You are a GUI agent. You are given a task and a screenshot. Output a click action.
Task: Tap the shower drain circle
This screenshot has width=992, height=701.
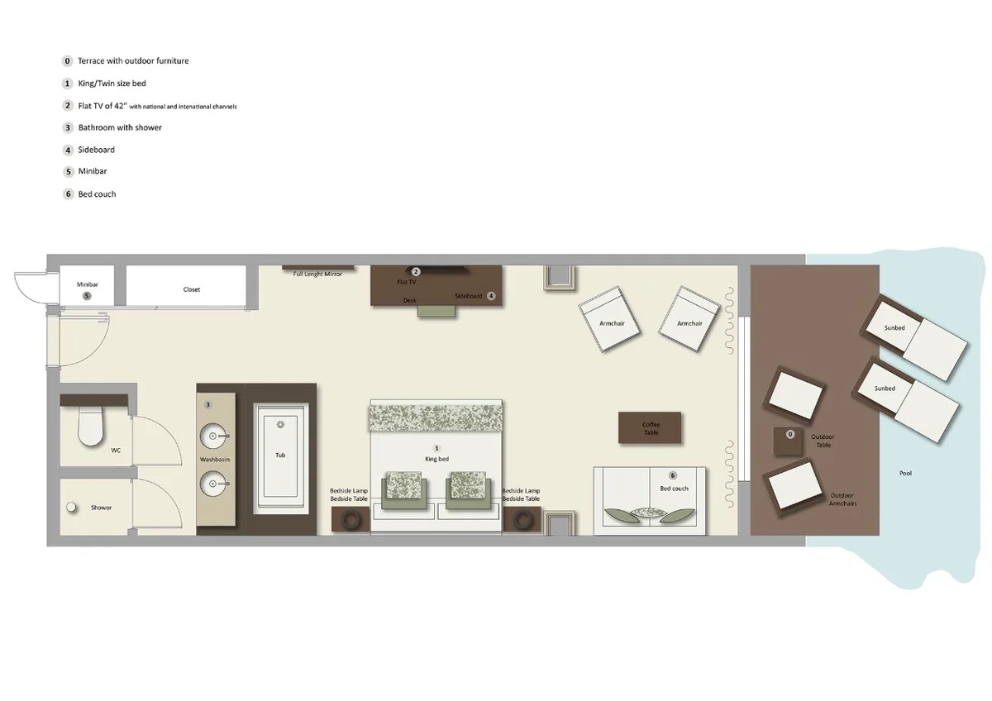click(72, 507)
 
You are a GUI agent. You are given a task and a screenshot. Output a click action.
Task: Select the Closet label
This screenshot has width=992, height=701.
click(192, 290)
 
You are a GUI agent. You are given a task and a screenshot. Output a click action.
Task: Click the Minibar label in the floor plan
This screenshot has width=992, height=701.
click(88, 284)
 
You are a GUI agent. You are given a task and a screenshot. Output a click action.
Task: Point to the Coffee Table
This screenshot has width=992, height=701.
click(651, 427)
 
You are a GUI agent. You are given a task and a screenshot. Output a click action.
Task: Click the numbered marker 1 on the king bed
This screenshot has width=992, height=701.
click(437, 447)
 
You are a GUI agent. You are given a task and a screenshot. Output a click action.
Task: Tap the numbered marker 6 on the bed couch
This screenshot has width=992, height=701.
click(673, 476)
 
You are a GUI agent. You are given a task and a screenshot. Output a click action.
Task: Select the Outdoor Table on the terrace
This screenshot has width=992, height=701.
click(789, 441)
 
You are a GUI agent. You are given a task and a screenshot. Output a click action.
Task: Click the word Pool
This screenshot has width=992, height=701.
click(905, 474)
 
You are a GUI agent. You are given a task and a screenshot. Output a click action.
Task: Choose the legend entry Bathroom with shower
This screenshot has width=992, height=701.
click(120, 127)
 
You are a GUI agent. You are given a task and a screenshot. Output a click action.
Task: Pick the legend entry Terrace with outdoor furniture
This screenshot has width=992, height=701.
click(133, 61)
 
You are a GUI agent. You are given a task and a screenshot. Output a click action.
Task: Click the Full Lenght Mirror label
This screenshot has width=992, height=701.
click(317, 274)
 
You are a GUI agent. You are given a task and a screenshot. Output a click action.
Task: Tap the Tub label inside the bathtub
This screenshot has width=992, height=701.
click(280, 455)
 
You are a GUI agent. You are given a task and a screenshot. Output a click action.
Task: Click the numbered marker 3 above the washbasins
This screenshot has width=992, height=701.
click(208, 404)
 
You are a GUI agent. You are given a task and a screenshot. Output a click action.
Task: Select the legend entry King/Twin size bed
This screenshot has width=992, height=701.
click(112, 83)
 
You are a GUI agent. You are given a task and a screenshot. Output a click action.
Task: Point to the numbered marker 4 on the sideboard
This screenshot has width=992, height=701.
click(491, 295)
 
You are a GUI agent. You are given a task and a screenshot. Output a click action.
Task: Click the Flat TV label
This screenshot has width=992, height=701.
click(406, 282)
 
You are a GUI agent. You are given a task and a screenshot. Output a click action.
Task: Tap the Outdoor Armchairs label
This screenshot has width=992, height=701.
click(842, 499)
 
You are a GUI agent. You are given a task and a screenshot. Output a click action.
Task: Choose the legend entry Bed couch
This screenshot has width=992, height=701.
click(97, 194)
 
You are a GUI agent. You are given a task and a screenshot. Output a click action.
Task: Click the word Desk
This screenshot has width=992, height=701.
click(410, 301)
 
